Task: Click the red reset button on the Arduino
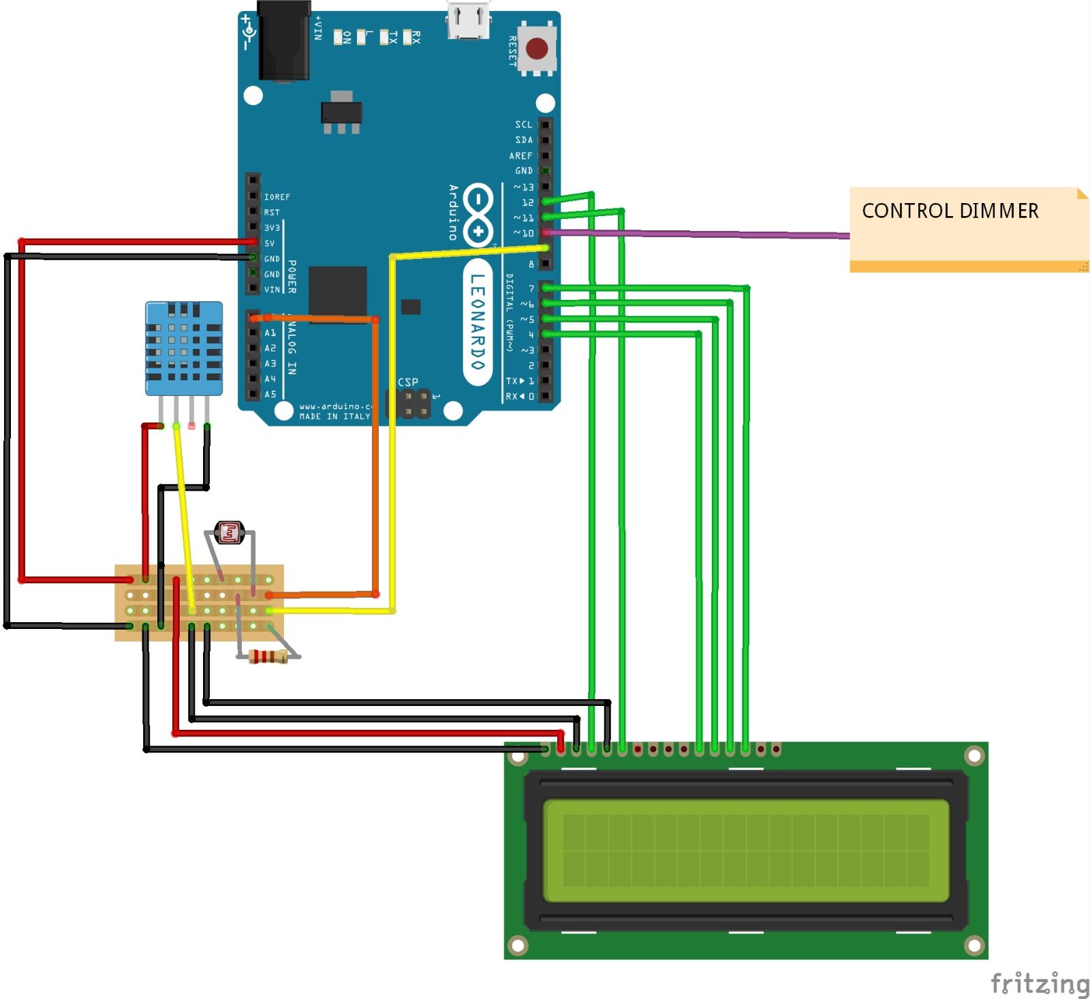[x=537, y=48]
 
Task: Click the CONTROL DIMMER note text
[x=950, y=211]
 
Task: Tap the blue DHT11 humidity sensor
[x=183, y=348]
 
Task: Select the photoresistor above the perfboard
[x=230, y=532]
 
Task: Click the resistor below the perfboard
[x=268, y=657]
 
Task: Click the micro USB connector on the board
[x=469, y=20]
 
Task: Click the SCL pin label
[x=523, y=125]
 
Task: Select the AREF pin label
[x=520, y=156]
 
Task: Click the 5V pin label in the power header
[x=270, y=243]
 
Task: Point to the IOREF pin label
[x=277, y=197]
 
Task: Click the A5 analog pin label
[x=270, y=395]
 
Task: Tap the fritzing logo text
[x=1040, y=983]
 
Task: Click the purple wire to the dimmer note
[x=695, y=234]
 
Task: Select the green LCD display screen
[x=746, y=850]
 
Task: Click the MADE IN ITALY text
[x=334, y=416]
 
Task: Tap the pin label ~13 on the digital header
[x=524, y=187]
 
